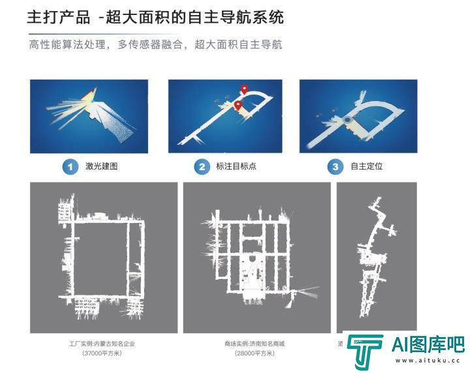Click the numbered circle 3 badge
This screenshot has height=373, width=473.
pos(335,167)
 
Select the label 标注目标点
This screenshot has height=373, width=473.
pos(236,167)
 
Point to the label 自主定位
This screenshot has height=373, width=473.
pos(367,167)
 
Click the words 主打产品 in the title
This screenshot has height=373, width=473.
pos(58,17)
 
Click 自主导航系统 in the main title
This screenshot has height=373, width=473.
pos(242,17)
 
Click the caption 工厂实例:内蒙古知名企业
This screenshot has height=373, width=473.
pos(102,343)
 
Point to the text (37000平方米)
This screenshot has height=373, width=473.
pos(102,353)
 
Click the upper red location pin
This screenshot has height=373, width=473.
pos(245,89)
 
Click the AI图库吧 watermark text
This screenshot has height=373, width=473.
pos(428,346)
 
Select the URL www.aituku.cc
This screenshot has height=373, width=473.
pos(428,361)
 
